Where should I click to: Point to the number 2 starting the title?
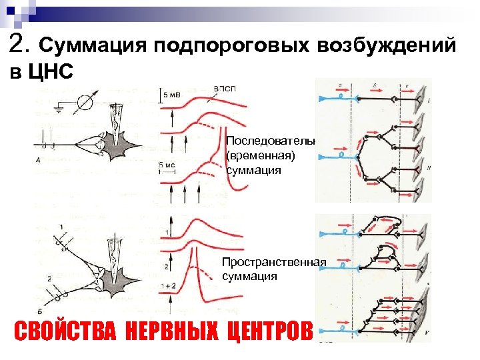point(18,44)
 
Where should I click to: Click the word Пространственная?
point(274,263)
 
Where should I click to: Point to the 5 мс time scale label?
point(167,164)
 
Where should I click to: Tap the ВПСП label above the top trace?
point(224,88)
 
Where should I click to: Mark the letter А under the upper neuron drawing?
point(38,160)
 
